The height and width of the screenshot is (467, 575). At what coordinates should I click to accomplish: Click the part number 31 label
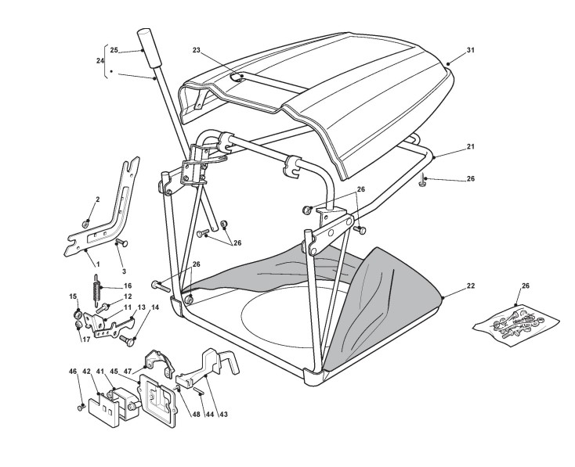(470, 51)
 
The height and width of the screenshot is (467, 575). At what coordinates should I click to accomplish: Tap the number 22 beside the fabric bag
(470, 287)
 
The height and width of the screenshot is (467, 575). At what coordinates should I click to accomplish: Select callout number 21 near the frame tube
(470, 147)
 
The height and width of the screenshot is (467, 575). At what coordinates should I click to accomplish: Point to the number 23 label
(197, 50)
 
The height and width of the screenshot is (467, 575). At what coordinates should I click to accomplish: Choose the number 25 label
(114, 51)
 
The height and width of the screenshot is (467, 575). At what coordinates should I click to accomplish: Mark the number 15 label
(72, 296)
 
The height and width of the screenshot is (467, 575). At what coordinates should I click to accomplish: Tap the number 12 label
(127, 296)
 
